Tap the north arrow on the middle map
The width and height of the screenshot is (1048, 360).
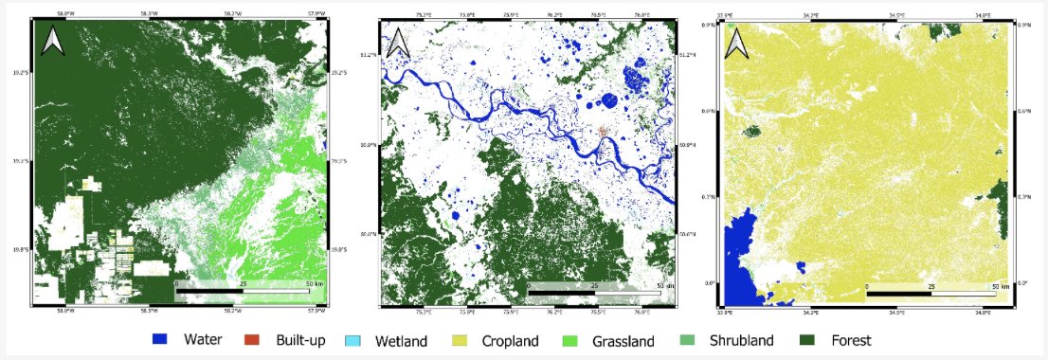coord(397,42)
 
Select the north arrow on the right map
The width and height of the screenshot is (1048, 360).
coord(735,42)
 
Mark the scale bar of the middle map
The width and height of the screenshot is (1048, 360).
coord(592,289)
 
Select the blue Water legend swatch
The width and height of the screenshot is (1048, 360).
coord(162,339)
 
